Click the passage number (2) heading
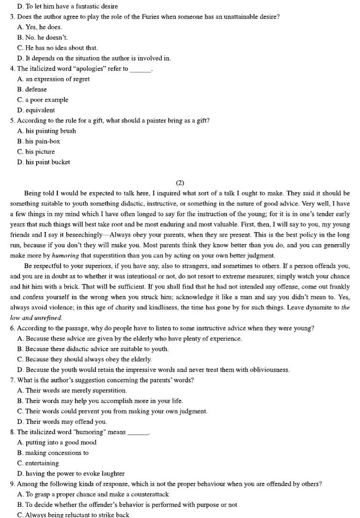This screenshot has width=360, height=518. pos(180,183)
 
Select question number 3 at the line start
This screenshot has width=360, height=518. pos(12,17)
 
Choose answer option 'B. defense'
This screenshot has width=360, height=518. pos(32,90)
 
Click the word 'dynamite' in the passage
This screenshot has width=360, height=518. pos(313,307)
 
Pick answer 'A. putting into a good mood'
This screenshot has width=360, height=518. pos(57,443)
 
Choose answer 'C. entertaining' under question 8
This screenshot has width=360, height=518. pos(38,463)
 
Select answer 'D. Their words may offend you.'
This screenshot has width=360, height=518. pos(62,422)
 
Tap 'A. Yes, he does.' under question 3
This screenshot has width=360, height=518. pos(39,27)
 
